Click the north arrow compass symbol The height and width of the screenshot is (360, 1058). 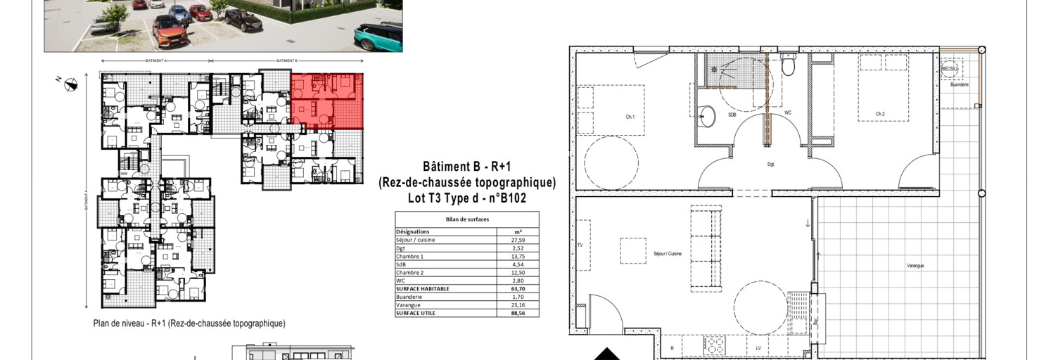(x=70, y=86)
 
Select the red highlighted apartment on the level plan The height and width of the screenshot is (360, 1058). (x=327, y=101)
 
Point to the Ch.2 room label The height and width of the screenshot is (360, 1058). (x=879, y=114)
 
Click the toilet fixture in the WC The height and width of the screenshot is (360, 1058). (x=789, y=67)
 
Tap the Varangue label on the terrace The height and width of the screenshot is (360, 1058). (x=914, y=266)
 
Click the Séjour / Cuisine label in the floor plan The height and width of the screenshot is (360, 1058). (x=668, y=253)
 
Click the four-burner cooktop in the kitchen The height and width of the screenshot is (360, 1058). (x=715, y=347)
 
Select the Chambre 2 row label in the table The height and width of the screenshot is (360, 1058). (x=409, y=272)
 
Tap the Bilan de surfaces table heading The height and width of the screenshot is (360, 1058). (x=467, y=219)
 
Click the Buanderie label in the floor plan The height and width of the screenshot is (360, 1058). (x=959, y=84)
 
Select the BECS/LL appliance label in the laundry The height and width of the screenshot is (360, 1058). (x=950, y=69)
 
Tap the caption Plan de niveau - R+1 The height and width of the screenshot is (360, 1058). (x=189, y=323)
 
